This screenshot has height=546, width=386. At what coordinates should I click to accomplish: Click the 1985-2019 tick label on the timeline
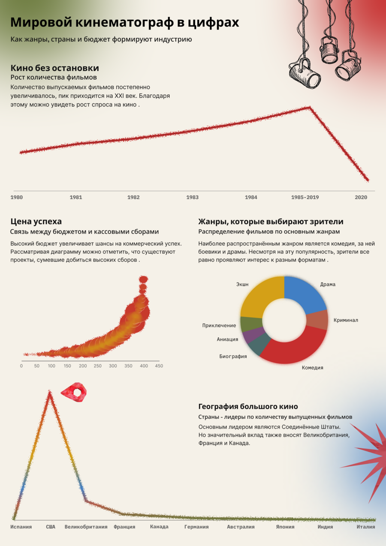305,198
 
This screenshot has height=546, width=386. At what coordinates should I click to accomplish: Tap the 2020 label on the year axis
361,198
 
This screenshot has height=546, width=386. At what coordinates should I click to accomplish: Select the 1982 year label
133,198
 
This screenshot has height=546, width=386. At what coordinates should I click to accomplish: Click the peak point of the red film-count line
309,107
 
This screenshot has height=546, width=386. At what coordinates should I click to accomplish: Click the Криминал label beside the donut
346,320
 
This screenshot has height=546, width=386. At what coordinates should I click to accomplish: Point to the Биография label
233,357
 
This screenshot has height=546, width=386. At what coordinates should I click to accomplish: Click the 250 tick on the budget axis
98,366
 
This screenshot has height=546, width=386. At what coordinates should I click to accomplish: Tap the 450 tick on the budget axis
159,366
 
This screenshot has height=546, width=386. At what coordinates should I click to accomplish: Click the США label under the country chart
51,527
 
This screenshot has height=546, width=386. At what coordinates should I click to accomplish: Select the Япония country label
285,527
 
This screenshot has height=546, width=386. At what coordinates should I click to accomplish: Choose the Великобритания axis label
86,527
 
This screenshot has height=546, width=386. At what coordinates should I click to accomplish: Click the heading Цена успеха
36,222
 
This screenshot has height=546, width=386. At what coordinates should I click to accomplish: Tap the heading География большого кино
248,407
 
